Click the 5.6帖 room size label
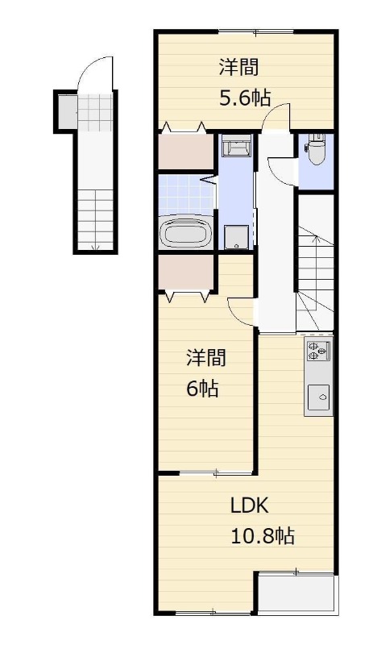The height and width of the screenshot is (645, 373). tap(244, 98)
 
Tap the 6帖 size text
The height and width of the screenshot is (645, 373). tap(202, 389)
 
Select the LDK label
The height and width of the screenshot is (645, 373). tap(249, 506)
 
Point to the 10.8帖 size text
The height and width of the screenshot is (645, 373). tap(263, 536)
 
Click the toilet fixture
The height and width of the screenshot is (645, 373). tap(316, 149)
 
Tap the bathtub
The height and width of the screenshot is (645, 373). tap(184, 232)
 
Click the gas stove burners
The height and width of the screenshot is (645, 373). tap(317, 349)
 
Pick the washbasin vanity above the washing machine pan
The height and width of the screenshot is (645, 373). tap(237, 145)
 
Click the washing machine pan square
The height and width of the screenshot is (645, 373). tap(237, 237)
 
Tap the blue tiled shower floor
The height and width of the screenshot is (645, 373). tap(186, 195)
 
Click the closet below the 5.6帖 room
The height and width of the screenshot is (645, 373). tap(186, 151)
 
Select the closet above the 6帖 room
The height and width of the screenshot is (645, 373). tap(186, 273)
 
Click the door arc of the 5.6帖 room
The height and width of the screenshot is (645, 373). tap(276, 111)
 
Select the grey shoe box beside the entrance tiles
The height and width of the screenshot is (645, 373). tap(67, 111)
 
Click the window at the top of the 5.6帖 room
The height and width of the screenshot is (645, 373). tap(255, 32)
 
